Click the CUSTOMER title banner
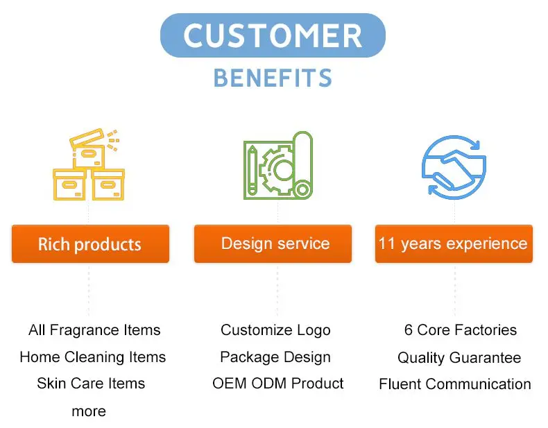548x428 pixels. [x=273, y=35]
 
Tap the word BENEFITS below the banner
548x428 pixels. [x=273, y=78]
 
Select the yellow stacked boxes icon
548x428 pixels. [x=89, y=164]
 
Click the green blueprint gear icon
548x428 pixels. [x=278, y=165]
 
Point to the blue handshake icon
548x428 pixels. [x=454, y=167]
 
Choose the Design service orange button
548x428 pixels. [x=273, y=244]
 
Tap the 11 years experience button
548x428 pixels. [x=454, y=244]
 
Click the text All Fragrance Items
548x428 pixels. [x=94, y=329]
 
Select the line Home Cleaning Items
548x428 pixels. [x=93, y=357]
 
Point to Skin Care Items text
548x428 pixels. [x=91, y=384]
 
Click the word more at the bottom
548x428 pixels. [x=89, y=411]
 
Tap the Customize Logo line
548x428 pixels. [x=275, y=330]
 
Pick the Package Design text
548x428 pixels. [x=275, y=357]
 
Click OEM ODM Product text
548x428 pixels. [x=278, y=384]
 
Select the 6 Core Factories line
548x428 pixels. [x=461, y=329]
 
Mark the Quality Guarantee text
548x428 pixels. [x=459, y=357]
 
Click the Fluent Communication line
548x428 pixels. [x=455, y=384]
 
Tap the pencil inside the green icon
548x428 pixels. [x=252, y=171]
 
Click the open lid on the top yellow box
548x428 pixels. [x=87, y=137]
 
